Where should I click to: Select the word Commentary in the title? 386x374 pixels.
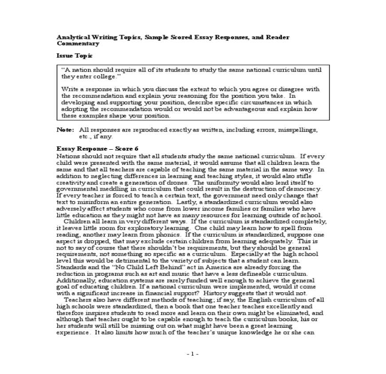pyautogui.click(x=78, y=44)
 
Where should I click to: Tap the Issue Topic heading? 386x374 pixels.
pyautogui.click(x=75, y=56)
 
